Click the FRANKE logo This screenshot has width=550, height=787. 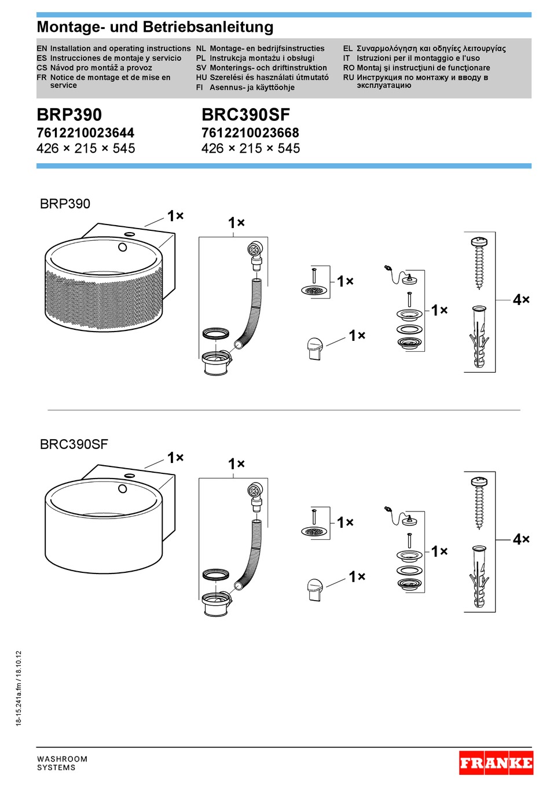tap(496, 763)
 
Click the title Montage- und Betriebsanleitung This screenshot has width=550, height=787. tap(155, 27)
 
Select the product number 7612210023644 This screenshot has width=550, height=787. tap(85, 133)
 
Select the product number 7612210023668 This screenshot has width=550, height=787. tap(250, 133)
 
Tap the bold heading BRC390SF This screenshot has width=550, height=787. tap(245, 115)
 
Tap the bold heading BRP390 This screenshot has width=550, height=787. tap(69, 115)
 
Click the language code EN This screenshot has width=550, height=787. tap(42, 49)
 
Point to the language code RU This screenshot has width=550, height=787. tap(349, 77)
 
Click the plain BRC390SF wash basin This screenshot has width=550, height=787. tap(104, 527)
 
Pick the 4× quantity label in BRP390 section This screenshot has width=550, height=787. tap(521, 300)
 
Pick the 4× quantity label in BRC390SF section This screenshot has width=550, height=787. tap(521, 539)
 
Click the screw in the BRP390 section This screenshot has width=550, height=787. tap(479, 262)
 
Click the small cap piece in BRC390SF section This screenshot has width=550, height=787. tap(314, 589)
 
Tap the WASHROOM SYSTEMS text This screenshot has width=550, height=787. tap(62, 763)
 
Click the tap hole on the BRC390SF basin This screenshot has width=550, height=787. tap(123, 488)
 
